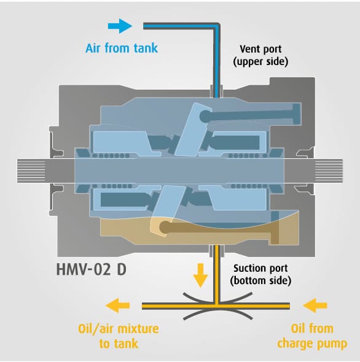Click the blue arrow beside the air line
(x=120, y=26)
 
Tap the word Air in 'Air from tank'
(x=93, y=48)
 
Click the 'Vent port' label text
(x=260, y=49)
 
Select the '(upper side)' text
(x=260, y=61)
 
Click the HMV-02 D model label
(x=92, y=269)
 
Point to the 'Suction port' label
(x=260, y=269)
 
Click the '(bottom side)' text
(x=260, y=281)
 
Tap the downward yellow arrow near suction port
(x=200, y=275)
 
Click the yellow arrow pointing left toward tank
(x=118, y=306)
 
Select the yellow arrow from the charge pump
(x=315, y=306)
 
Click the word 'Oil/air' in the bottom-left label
(x=96, y=329)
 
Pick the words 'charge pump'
(x=312, y=344)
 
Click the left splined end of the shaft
(x=31, y=171)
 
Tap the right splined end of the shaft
(x=329, y=171)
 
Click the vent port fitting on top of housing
(x=216, y=91)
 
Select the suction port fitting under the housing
(x=217, y=251)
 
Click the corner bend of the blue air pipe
(x=216, y=26)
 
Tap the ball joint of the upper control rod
(x=206, y=116)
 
